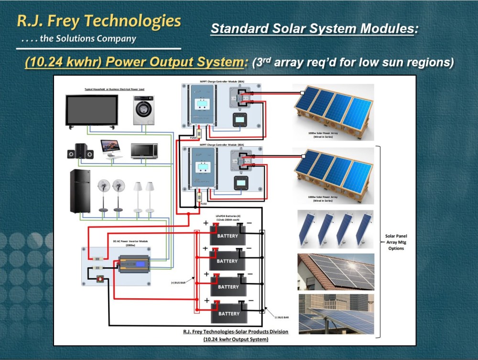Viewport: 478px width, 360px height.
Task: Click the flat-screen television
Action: coord(92,111)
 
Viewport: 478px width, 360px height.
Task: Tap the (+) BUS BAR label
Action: coord(179,283)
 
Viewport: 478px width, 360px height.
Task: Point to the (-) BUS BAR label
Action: coord(282,317)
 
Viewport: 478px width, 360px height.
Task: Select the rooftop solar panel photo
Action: coord(336,271)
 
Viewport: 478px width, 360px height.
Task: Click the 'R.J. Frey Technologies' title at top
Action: coord(99,21)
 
